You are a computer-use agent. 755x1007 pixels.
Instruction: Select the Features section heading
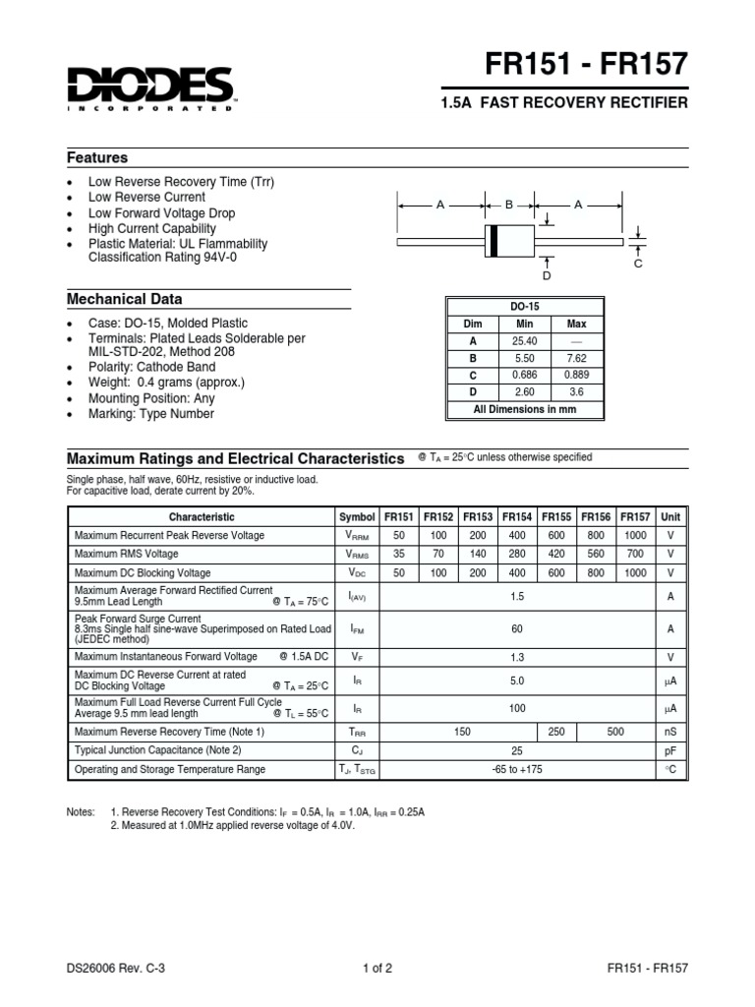pyautogui.click(x=97, y=158)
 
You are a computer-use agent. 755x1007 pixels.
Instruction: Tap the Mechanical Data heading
pyautogui.click(x=124, y=299)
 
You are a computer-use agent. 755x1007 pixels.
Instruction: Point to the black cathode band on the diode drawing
pyautogui.click(x=494, y=240)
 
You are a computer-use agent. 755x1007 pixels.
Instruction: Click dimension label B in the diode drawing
pyautogui.click(x=509, y=205)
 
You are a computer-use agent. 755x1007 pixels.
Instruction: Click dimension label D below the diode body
pyautogui.click(x=548, y=276)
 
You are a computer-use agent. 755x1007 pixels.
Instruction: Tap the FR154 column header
pyautogui.click(x=517, y=516)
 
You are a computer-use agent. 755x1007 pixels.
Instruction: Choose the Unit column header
pyautogui.click(x=670, y=516)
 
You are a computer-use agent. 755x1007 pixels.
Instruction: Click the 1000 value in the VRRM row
pyautogui.click(x=636, y=535)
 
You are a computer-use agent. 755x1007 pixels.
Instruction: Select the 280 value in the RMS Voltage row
pyautogui.click(x=517, y=554)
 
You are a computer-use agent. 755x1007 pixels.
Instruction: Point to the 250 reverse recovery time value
pyautogui.click(x=556, y=733)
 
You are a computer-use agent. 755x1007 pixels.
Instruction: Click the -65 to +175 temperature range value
pyautogui.click(x=517, y=769)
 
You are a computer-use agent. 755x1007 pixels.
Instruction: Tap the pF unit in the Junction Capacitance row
pyautogui.click(x=670, y=751)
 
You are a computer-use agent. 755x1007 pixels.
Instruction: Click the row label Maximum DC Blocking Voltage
pyautogui.click(x=143, y=572)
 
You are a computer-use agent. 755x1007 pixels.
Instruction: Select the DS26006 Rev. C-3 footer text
pyautogui.click(x=115, y=968)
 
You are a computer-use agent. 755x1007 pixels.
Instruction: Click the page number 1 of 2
pyautogui.click(x=377, y=968)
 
